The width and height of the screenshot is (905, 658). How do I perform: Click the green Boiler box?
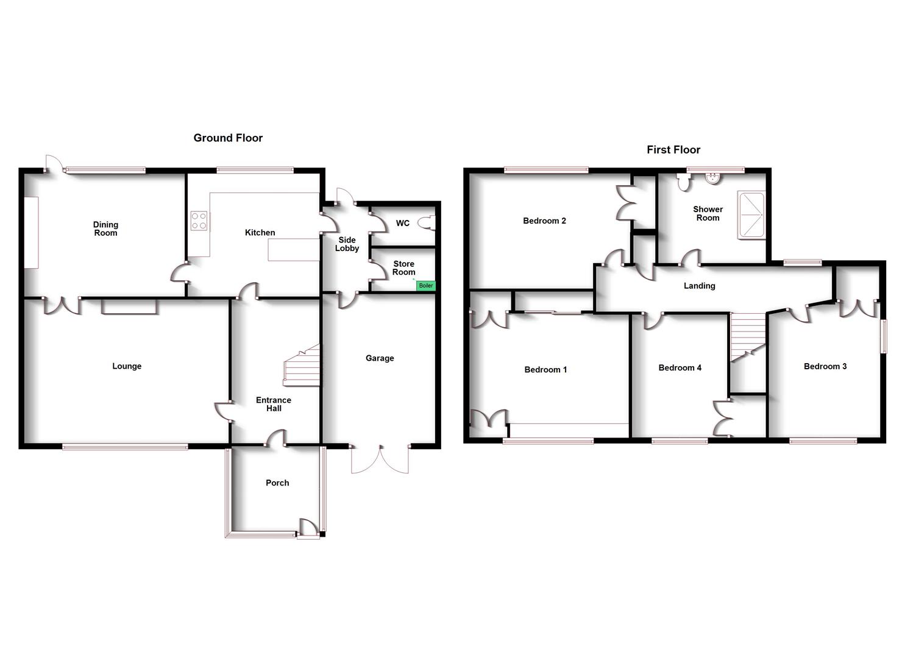coord(425,286)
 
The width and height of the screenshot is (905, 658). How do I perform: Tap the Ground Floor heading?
coord(228,138)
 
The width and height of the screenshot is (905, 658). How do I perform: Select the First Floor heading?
coord(673,150)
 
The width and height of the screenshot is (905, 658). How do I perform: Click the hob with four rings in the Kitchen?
coord(199,221)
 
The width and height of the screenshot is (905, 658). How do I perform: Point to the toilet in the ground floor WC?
coord(430,223)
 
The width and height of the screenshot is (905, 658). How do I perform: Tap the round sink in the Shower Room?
coord(712,178)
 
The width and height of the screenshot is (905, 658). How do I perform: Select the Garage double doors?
coord(380,459)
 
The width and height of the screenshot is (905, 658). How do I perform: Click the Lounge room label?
coord(127,366)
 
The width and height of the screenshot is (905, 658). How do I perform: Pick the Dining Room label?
coord(105,228)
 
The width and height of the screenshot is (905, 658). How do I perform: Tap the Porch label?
coord(277,483)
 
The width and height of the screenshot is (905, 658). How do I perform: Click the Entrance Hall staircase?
coord(303,366)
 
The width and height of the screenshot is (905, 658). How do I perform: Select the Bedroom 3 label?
coord(825,366)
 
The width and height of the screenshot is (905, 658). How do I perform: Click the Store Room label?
coord(403,268)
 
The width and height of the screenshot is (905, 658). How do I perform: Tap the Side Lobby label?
coord(347,244)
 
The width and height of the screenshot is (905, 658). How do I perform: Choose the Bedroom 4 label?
coord(680,367)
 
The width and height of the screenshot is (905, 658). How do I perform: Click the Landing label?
coord(699,286)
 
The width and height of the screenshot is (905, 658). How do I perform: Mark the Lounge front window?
coord(125,447)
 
